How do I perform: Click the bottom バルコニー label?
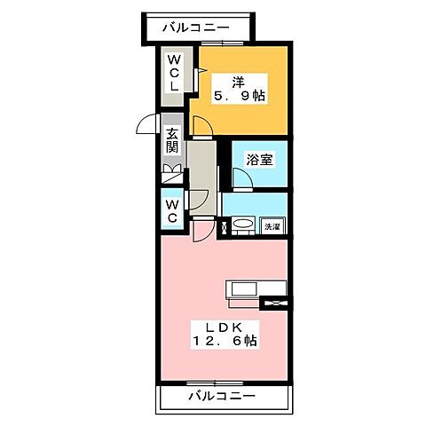[x=221, y=396]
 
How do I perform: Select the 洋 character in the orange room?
[x=239, y=80]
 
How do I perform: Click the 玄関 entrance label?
[x=171, y=141]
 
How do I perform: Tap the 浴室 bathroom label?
[x=259, y=161]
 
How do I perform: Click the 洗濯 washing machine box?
[x=272, y=227]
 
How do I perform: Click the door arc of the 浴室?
[x=241, y=180]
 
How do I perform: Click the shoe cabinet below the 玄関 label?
[x=171, y=173]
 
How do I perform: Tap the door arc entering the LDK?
[x=204, y=230]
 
